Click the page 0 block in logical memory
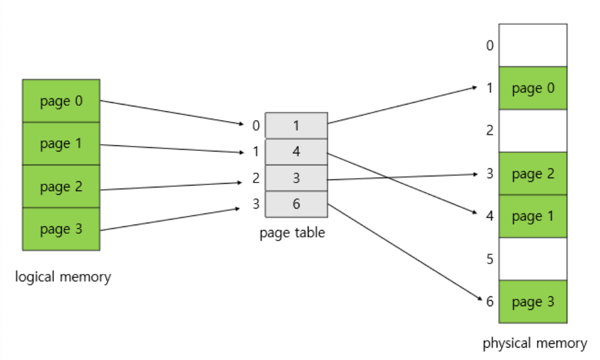point(61,101)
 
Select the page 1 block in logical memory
point(61,144)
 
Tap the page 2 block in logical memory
point(61,186)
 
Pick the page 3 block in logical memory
point(61,229)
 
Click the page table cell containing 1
point(296,126)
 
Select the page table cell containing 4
point(296,152)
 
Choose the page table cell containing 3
point(296,178)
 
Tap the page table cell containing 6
point(296,204)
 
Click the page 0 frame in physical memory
point(533,88)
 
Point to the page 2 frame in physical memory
point(533,174)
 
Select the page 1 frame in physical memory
point(533,216)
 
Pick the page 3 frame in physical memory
point(533,302)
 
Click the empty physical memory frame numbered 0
point(533,45)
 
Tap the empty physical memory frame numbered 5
point(533,259)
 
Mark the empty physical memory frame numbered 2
point(533,131)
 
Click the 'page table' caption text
point(292,233)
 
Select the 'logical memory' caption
point(63,276)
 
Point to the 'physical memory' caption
point(534,343)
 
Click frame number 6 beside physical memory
point(489,302)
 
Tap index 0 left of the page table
point(255,126)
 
